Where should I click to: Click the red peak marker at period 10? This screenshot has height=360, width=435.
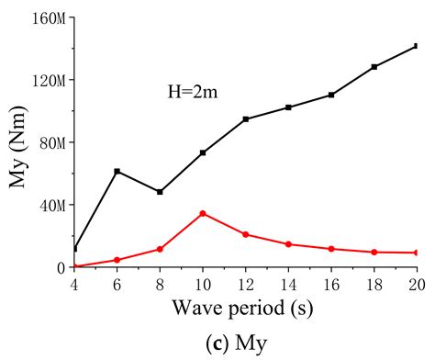pyautogui.click(x=202, y=213)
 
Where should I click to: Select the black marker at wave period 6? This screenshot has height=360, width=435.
pyautogui.click(x=117, y=171)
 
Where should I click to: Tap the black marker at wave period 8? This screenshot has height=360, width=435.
pyautogui.click(x=160, y=192)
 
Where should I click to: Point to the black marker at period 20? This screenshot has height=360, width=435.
pyautogui.click(x=416, y=46)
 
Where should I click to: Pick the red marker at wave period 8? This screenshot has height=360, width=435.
pyautogui.click(x=160, y=249)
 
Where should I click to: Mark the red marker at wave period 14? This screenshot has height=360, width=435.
pyautogui.click(x=288, y=244)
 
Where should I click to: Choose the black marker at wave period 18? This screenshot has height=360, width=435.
pyautogui.click(x=374, y=67)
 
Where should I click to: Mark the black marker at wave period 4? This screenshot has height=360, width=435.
pyautogui.click(x=74, y=248)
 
